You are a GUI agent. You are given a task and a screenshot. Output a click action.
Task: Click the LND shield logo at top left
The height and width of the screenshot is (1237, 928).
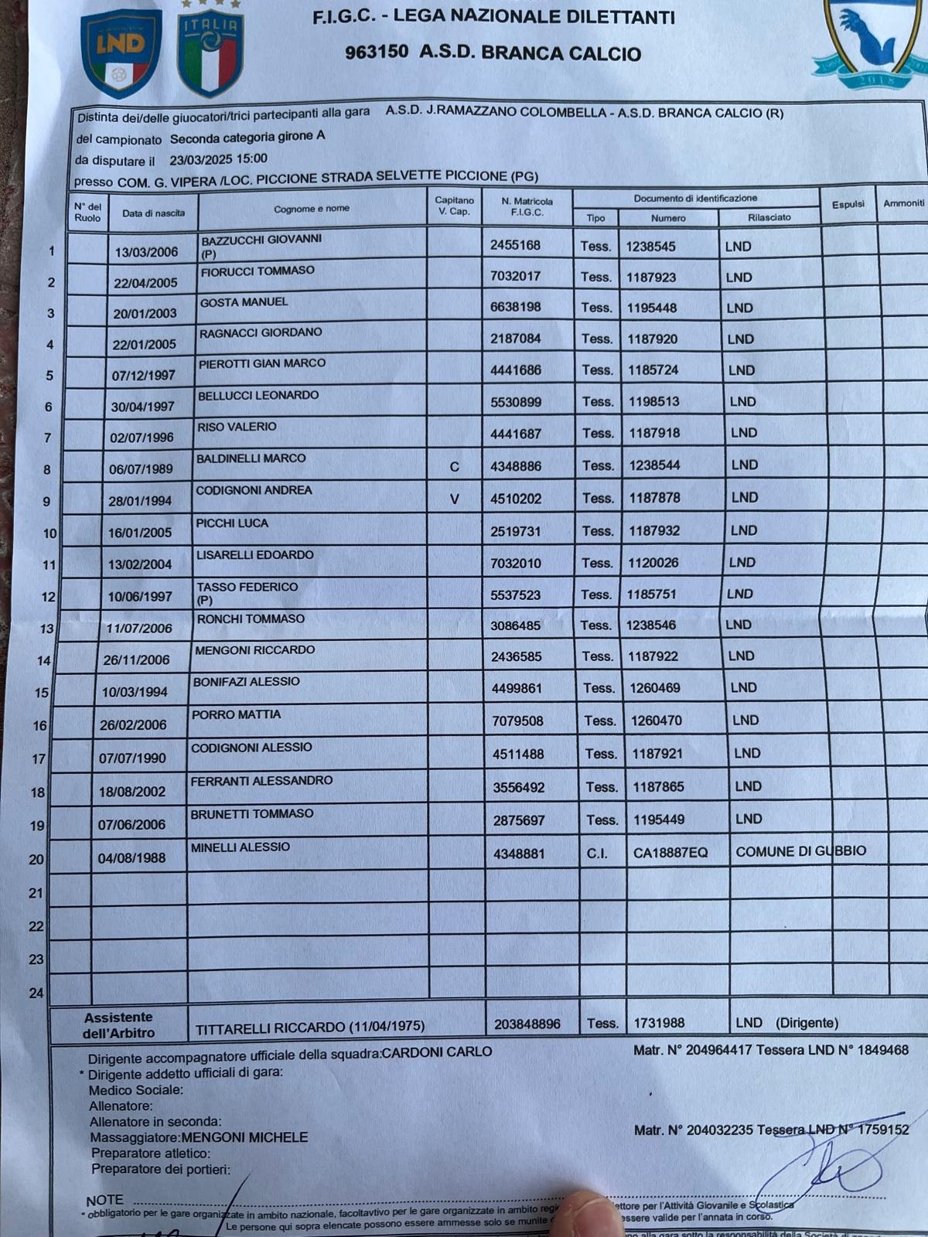pos(121,53)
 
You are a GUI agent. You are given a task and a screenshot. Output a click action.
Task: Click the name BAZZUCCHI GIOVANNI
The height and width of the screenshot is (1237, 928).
pos(261,240)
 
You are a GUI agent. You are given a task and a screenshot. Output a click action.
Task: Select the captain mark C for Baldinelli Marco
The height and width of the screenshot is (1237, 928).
pos(455,467)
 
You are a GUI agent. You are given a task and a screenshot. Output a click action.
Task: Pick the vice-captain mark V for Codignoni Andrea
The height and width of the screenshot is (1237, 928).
pos(455,499)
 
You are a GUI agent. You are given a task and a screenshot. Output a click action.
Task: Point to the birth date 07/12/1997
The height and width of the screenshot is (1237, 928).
pos(144,376)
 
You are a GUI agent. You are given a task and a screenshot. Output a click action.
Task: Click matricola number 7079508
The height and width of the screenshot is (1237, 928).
pos(518,721)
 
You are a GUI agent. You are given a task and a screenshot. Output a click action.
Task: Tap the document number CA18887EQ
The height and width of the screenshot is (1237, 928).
pos(670,853)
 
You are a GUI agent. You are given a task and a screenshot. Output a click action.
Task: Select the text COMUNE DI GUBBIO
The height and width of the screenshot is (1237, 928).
pos(800,851)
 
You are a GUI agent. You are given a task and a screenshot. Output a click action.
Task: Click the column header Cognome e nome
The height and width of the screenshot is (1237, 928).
pos(312,209)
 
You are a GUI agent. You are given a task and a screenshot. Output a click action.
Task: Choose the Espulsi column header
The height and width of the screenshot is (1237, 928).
pos(848,204)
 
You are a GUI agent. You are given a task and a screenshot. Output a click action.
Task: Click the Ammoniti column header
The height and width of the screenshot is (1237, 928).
pos(903,203)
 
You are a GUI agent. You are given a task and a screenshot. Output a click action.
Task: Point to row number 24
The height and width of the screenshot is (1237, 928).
pos(36,993)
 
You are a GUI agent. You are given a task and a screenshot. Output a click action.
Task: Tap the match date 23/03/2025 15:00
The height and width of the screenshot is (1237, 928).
pos(219,159)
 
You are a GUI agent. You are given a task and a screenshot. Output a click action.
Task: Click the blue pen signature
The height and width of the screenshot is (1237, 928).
pos(827,1167)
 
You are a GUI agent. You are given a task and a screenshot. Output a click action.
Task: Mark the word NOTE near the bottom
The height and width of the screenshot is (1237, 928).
pos(105,1200)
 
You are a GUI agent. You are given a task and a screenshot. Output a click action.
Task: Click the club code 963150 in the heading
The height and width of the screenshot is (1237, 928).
pos(377,53)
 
